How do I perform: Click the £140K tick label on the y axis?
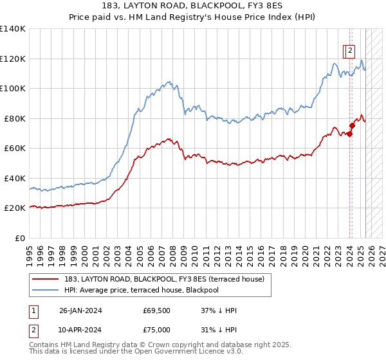[12, 29]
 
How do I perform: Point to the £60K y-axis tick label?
[14, 148]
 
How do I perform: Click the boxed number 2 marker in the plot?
[349, 51]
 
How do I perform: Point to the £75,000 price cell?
[156, 330]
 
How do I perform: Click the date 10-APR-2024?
[80, 330]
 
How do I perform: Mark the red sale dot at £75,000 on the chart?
[353, 125]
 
